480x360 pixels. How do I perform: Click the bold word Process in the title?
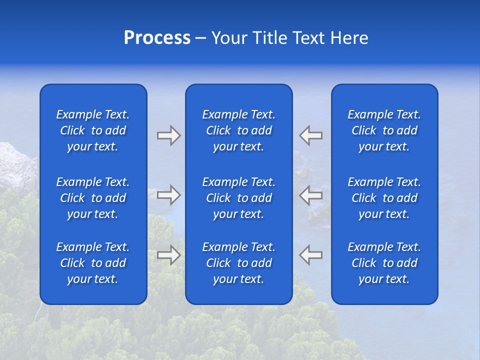(157, 38)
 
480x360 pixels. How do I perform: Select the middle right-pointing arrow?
(168, 195)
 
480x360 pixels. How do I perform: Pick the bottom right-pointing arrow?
(168, 254)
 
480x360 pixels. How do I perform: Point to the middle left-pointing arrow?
(310, 195)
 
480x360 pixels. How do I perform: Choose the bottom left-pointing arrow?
(310, 254)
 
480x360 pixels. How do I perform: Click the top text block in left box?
(93, 130)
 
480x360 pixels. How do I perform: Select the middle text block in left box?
(93, 198)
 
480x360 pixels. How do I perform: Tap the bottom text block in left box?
(93, 263)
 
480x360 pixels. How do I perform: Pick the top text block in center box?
(238, 130)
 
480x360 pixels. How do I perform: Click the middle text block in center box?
(238, 198)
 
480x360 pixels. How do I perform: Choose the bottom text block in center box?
(238, 263)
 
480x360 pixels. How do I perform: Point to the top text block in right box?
(384, 130)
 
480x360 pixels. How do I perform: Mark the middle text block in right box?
(384, 198)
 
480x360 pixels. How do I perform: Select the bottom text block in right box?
(384, 263)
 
